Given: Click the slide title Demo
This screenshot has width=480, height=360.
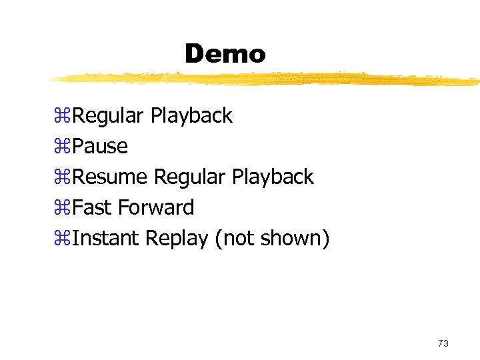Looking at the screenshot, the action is [x=225, y=54].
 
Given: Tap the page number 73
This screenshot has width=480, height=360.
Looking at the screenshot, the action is [x=443, y=343].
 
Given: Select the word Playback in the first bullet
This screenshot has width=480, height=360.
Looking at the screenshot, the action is [x=191, y=116].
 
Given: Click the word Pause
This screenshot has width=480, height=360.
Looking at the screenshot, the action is [x=100, y=146].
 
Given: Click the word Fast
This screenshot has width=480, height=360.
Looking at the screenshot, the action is [x=93, y=207].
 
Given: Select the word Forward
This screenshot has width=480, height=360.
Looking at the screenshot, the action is [x=156, y=207].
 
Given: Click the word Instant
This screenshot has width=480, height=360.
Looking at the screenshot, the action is [x=105, y=238].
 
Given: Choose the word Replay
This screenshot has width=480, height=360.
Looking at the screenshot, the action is [x=177, y=239].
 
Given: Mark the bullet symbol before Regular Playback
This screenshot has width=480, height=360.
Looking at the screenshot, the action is [x=65, y=117].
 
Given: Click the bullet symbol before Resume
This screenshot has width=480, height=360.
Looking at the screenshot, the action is [x=65, y=178].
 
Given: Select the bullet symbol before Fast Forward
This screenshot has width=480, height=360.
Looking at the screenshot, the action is [x=65, y=209].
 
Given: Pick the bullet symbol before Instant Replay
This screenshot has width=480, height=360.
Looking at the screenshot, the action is [x=65, y=239].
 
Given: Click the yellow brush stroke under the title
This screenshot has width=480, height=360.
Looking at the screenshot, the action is [x=267, y=79].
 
